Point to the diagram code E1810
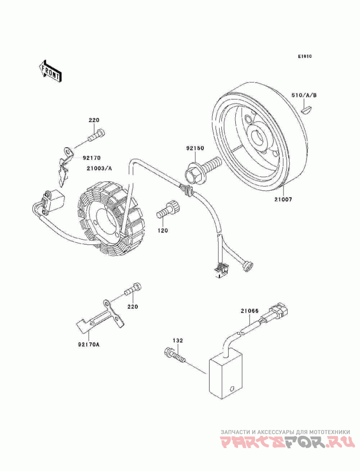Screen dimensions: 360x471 click(x=305, y=56)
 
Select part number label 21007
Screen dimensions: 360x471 click(x=283, y=199)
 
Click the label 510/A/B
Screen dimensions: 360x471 click(x=304, y=95)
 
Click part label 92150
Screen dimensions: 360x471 click(x=195, y=148)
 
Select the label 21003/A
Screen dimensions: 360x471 click(x=99, y=168)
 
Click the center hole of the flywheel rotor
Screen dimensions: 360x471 click(x=258, y=139)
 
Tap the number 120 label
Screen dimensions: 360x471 click(x=162, y=231)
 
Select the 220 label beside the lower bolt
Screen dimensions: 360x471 click(x=132, y=306)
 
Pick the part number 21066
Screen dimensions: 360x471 click(x=249, y=311)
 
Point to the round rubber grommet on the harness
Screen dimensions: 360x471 click(x=248, y=266)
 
